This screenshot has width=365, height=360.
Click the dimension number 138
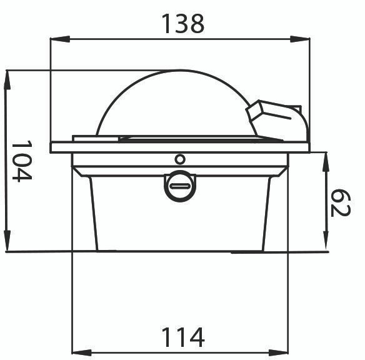pos(182,24)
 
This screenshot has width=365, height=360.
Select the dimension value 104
pos(22,161)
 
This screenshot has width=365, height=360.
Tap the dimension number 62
pos(341,203)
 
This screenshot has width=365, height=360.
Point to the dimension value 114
pos(182,337)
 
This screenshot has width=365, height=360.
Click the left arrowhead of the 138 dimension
pos(60,39)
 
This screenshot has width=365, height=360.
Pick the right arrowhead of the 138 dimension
pos(300,39)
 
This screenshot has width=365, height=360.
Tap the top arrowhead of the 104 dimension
pos(7,80)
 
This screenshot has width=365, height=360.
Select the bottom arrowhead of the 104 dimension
pos(7,241)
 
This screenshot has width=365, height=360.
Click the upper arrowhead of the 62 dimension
pos(326,162)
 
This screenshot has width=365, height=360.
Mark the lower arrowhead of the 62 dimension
pos(326,241)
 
